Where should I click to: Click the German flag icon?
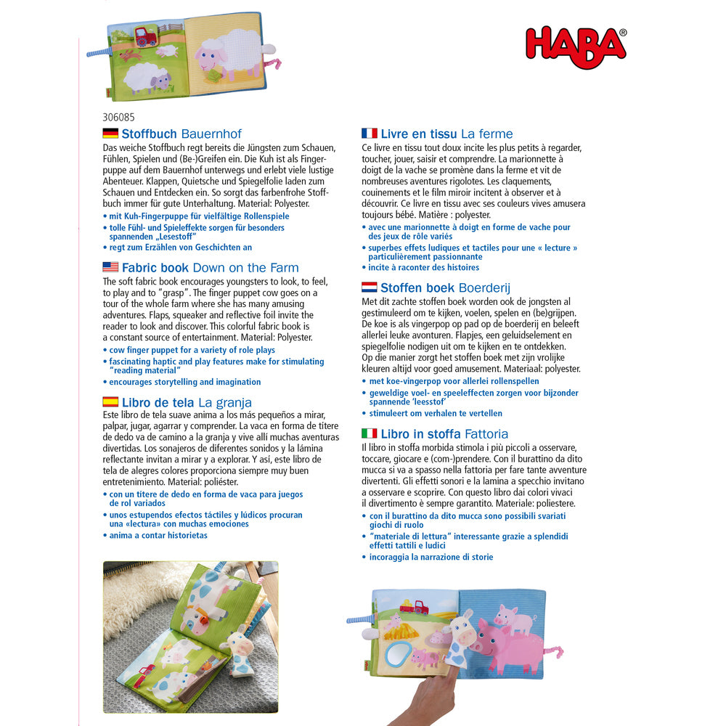tap(110, 134)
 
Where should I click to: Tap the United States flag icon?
tap(110, 267)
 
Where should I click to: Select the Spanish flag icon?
tap(110, 402)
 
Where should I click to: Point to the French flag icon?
tap(370, 134)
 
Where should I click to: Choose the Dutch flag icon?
tap(370, 287)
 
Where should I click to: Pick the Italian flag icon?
tap(370, 433)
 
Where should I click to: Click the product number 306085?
tap(118, 116)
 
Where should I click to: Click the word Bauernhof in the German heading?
tap(211, 134)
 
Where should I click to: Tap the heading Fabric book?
tap(155, 267)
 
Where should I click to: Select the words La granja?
tap(225, 402)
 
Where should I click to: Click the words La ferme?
tap(486, 134)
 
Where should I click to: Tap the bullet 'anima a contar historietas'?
tap(158, 535)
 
